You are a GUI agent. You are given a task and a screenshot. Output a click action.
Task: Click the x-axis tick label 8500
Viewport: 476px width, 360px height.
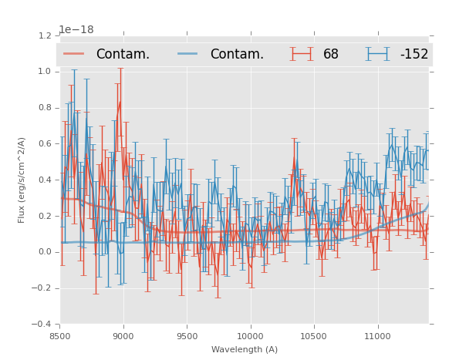coord(59,336)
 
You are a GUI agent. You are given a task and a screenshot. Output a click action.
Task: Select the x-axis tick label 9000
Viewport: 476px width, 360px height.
coord(123,336)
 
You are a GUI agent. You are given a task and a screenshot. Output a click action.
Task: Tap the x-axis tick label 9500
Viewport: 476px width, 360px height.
coord(187,336)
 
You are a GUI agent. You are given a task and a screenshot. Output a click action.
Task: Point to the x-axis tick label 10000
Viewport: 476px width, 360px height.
coord(250,336)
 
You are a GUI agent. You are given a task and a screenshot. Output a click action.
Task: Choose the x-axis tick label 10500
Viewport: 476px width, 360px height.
coord(314,336)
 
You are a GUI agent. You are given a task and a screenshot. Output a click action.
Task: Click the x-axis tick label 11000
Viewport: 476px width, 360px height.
coord(377,336)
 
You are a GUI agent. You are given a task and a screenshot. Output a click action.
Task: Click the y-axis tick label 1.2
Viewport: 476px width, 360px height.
coord(44,35)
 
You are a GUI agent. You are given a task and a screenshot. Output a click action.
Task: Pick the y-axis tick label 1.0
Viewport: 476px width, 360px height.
coord(44,72)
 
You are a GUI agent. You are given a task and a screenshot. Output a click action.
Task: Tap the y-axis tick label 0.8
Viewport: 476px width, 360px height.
coord(44,108)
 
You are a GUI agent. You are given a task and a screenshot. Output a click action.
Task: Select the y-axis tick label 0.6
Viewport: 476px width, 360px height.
coord(44,144)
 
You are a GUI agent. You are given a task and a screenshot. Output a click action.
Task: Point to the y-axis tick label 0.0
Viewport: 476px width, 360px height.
coord(44,252)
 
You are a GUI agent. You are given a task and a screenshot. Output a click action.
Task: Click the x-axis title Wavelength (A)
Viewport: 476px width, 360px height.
coord(245,350)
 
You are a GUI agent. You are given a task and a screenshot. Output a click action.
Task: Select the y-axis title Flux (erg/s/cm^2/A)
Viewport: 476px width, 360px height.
coord(22,180)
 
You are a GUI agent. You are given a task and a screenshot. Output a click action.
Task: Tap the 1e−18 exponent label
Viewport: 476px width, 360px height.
coord(78,29)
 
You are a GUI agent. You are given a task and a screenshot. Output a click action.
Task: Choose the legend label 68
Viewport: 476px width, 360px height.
coord(331,54)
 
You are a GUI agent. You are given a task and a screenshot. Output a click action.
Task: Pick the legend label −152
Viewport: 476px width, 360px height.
coord(414,54)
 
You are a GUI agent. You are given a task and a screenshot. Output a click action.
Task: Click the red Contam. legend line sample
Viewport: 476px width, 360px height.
coord(75,54)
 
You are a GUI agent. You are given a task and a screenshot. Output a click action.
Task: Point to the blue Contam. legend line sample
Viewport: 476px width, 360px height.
coord(189,54)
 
